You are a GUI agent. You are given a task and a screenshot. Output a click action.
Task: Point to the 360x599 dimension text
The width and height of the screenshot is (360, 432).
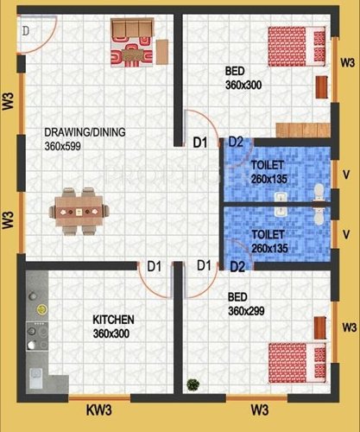[66, 147]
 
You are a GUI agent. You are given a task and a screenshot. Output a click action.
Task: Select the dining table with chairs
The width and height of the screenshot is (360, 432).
[79, 209]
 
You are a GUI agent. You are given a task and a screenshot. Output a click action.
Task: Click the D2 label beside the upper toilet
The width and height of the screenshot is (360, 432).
[236, 143]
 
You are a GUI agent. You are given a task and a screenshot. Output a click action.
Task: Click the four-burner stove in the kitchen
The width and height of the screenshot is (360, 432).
[37, 332]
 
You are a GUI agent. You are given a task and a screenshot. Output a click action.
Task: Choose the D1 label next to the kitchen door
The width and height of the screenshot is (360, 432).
[154, 266]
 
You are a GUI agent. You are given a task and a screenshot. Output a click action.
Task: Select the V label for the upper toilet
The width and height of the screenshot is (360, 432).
[346, 172]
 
